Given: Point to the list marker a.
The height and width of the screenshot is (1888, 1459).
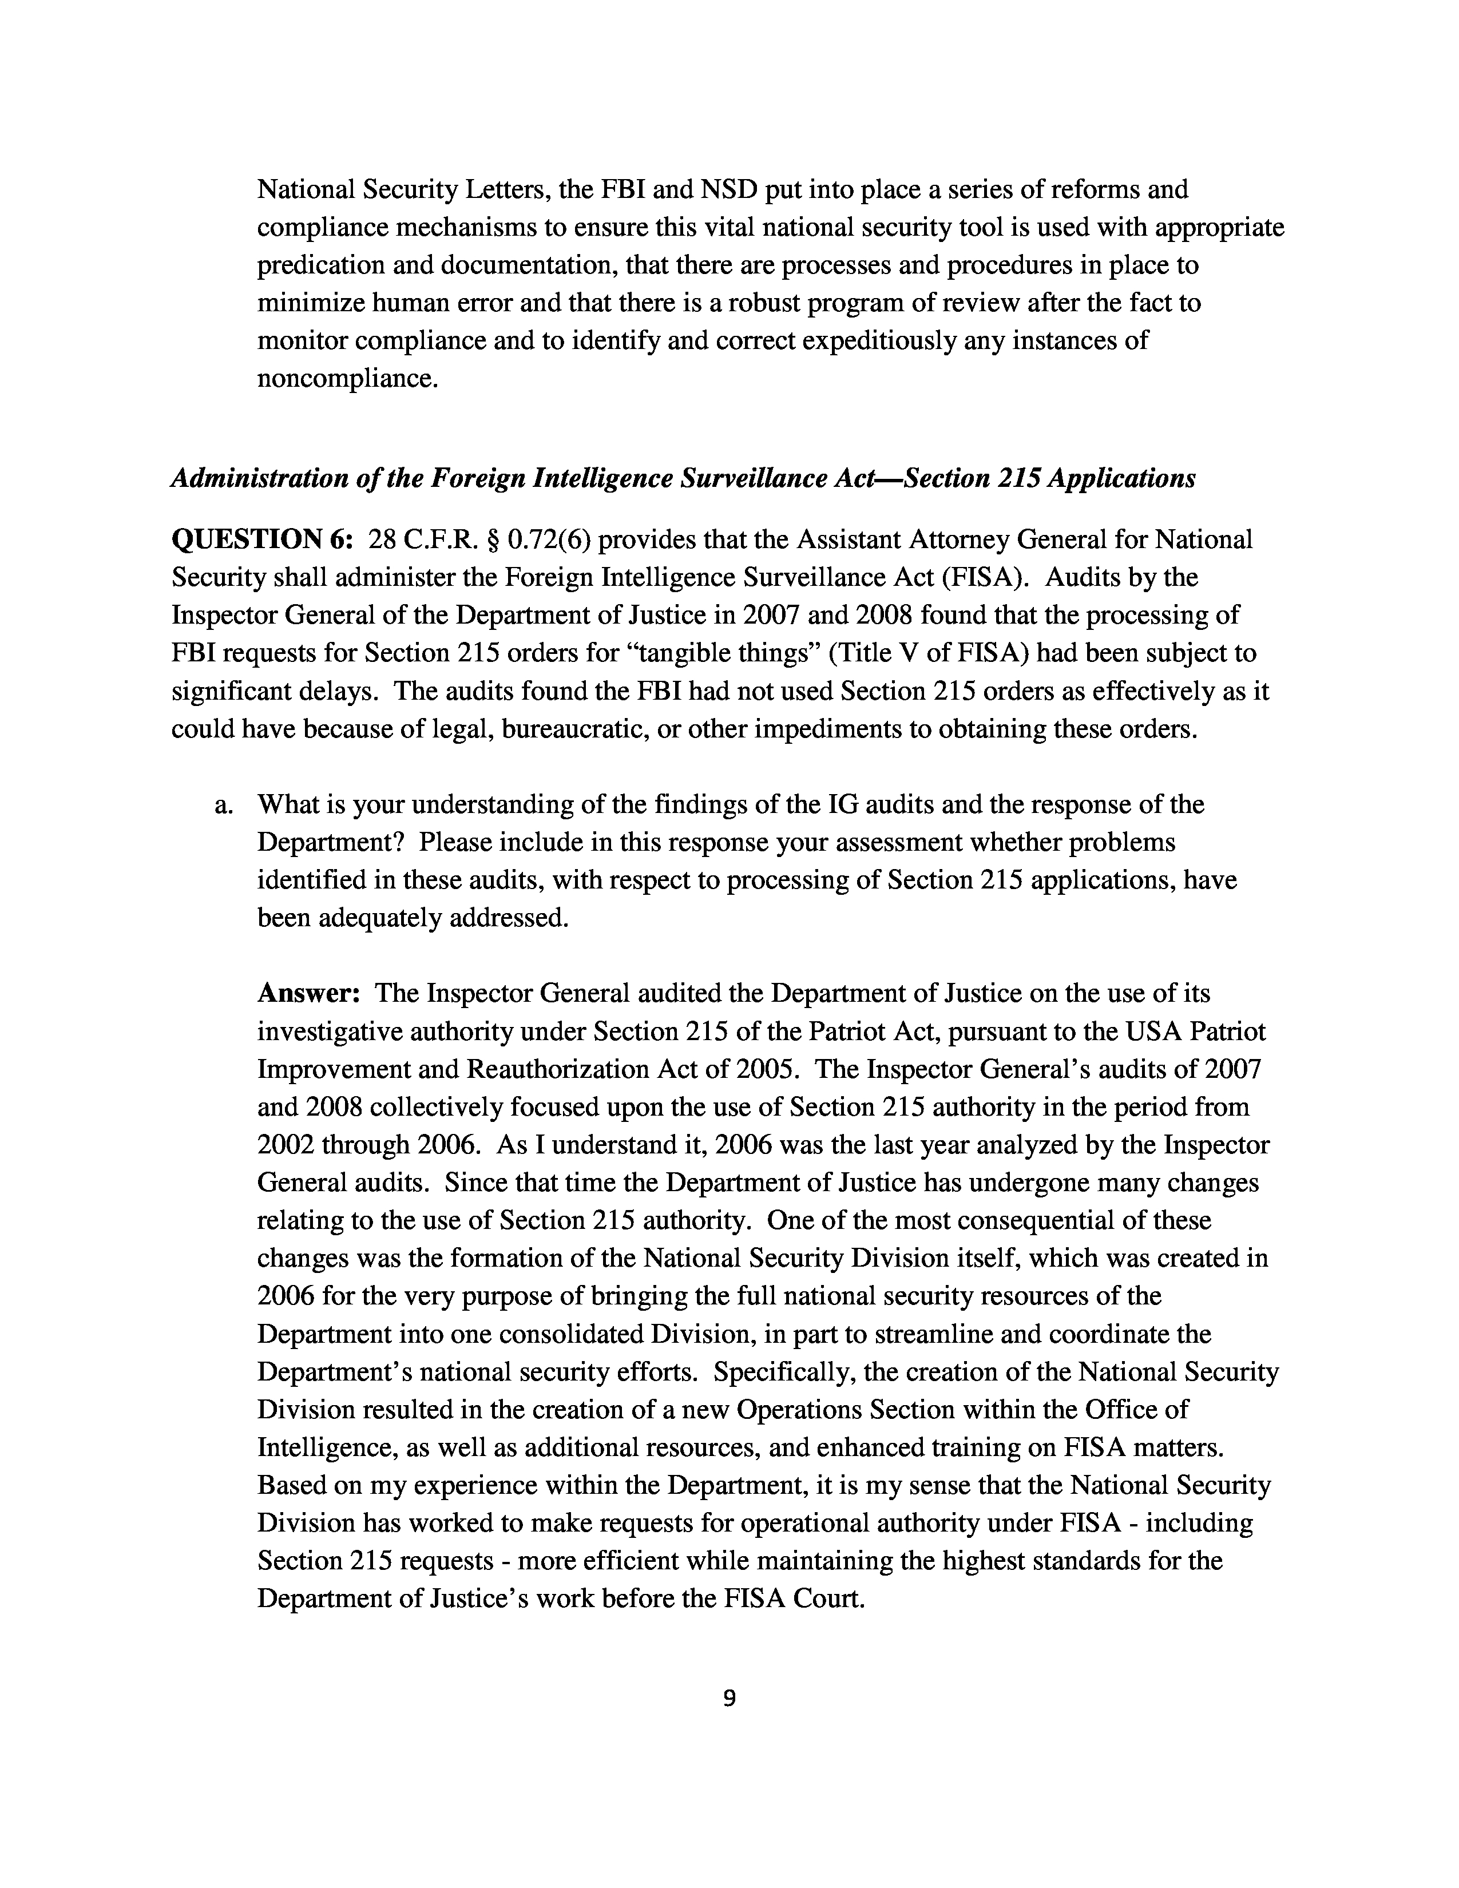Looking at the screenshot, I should (223, 805).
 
